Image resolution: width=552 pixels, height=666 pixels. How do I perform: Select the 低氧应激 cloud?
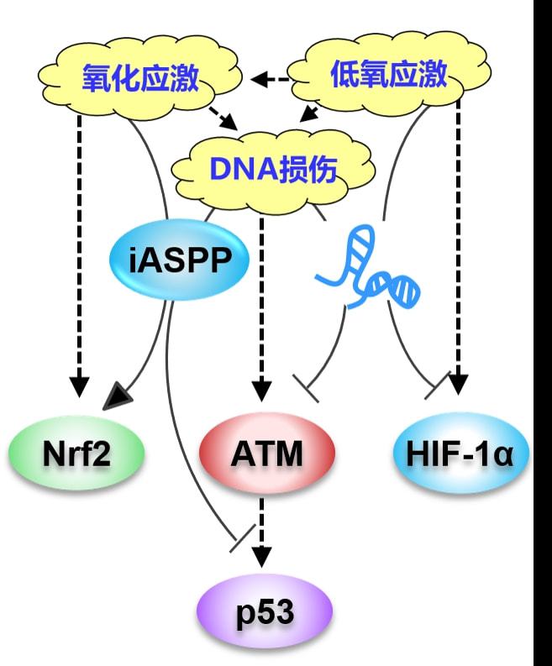(387, 76)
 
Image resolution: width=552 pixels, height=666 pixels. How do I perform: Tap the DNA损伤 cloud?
(271, 169)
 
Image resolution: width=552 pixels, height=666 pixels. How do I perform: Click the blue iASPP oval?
(180, 260)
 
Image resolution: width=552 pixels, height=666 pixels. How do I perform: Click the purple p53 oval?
(265, 611)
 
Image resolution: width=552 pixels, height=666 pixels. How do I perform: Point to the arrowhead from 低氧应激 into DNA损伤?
(308, 113)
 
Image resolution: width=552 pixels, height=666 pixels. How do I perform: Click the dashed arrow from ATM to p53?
(263, 529)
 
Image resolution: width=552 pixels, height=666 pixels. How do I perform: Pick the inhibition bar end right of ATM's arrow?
(308, 390)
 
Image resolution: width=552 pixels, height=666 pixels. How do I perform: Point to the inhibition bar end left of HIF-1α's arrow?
(434, 389)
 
